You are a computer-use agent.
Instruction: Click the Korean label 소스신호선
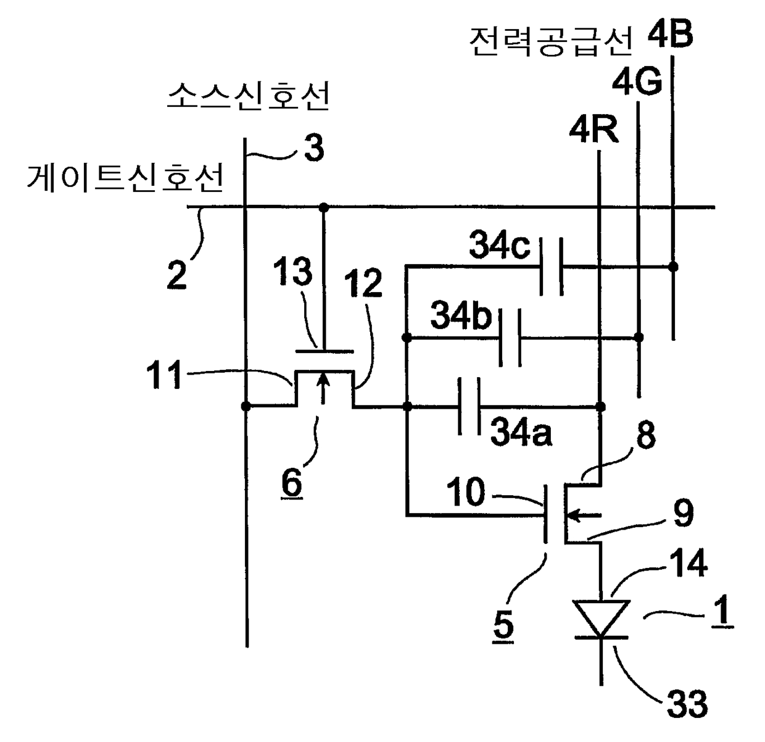248,96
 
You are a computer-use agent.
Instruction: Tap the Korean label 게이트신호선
125,178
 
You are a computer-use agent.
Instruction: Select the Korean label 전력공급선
551,42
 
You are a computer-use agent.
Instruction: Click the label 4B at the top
670,34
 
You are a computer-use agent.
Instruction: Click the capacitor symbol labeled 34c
552,267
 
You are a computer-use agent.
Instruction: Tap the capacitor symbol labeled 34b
510,338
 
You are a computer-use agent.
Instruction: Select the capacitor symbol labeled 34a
469,406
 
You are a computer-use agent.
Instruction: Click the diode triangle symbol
601,619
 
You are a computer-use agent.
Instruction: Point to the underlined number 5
503,625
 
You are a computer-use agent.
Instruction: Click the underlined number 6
292,483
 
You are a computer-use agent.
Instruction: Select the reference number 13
293,271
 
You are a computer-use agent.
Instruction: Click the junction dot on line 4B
674,267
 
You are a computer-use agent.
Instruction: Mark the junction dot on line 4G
639,337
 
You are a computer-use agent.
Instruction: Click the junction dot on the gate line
323,207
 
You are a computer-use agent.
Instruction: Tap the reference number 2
176,275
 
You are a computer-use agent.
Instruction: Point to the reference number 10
466,491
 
